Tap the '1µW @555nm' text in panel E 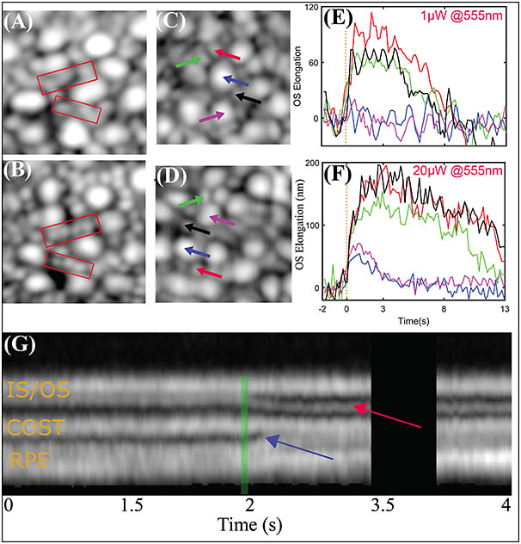pyautogui.click(x=463, y=17)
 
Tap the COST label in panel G pyautogui.click(x=36, y=427)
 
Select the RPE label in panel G pyautogui.click(x=29, y=462)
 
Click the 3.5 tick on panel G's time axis pyautogui.click(x=372, y=502)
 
